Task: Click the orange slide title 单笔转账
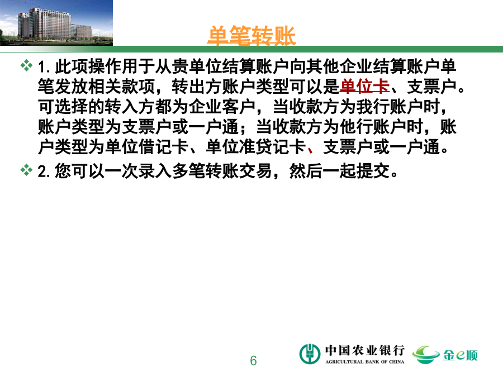point(251,36)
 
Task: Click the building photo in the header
point(56,23)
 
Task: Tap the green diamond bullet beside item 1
point(26,65)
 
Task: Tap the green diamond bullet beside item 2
point(26,170)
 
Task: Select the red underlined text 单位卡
point(364,86)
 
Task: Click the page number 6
point(253,361)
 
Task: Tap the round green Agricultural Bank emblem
point(310,354)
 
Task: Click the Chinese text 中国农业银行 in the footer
point(365,350)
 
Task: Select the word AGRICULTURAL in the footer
point(344,362)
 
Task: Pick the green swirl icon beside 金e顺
point(426,355)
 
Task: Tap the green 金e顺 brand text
point(461,355)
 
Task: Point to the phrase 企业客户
point(222,107)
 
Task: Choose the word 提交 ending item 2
point(373,171)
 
